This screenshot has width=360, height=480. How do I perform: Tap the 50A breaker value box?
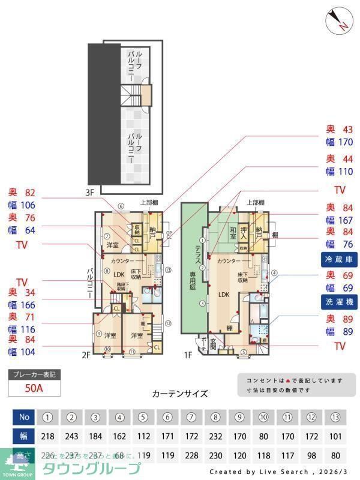coord(35,388)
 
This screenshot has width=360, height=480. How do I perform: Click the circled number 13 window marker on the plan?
coord(168,270)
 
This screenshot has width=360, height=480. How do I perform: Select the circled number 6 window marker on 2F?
coord(121,206)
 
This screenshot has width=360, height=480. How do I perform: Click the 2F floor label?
coord(86,355)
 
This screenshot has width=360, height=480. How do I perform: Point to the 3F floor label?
coord(89,193)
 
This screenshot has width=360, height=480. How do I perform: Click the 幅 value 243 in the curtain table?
coord(71,437)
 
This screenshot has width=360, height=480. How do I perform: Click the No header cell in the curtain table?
coord(23,416)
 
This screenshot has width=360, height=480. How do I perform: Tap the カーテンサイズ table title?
coord(180,394)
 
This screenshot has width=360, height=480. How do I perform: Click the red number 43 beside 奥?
coord(347,129)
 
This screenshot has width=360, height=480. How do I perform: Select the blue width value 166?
coord(28,305)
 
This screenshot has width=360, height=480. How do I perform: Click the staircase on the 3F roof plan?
coord(132,94)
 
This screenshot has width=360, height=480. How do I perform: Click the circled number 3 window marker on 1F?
coord(203,304)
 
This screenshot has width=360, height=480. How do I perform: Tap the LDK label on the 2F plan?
coord(119,275)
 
